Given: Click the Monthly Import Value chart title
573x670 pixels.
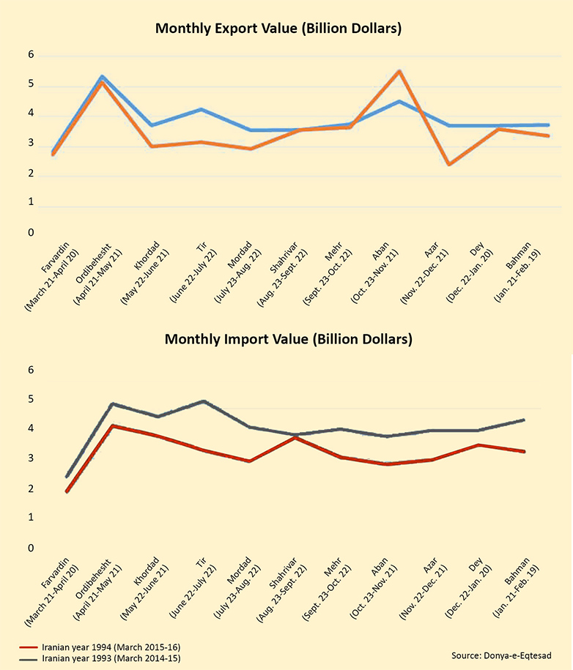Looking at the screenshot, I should point(289,339).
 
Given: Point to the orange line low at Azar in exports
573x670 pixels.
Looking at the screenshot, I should point(448,164).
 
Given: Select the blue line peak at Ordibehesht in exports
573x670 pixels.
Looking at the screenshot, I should point(102,76).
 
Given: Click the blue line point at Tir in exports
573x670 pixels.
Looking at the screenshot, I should point(200,109).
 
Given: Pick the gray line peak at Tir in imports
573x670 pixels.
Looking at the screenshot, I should point(202,401).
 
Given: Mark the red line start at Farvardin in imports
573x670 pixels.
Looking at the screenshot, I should point(67,491).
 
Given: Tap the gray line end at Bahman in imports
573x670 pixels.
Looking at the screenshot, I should point(524,420).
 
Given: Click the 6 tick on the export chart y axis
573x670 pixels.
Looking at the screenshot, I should point(31,55).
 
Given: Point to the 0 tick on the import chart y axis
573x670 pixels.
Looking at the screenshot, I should point(30,548).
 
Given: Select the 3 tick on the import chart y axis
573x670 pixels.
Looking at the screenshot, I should point(30,459).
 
